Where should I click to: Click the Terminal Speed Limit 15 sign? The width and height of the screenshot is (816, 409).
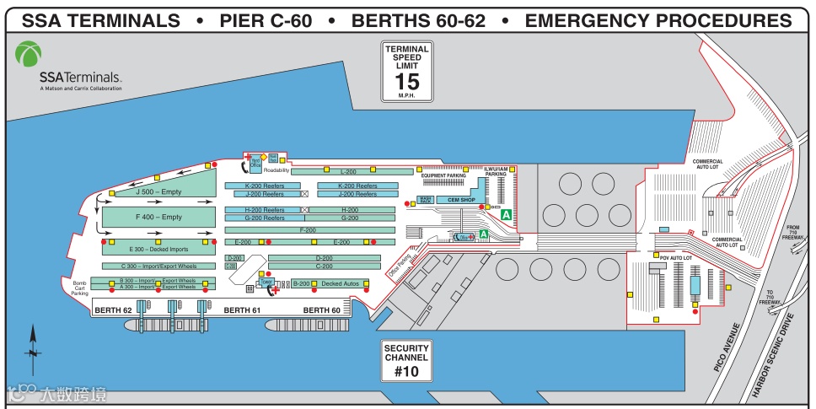(407, 72)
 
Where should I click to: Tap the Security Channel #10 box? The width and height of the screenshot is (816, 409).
(406, 359)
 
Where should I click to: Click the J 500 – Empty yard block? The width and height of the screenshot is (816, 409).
(158, 192)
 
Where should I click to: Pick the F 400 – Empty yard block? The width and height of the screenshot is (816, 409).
(158, 217)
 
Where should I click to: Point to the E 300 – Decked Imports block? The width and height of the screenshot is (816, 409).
(158, 249)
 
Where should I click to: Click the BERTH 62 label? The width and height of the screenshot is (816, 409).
(113, 310)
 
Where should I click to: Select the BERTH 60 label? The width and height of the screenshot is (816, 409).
(321, 310)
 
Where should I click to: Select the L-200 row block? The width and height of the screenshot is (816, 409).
(348, 171)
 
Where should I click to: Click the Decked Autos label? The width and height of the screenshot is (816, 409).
(340, 284)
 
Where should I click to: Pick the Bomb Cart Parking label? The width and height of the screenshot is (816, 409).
(80, 288)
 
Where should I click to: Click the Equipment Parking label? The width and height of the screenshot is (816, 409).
(443, 175)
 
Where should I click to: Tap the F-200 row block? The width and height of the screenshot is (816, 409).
(309, 229)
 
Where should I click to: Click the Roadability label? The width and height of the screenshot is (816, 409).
(276, 170)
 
